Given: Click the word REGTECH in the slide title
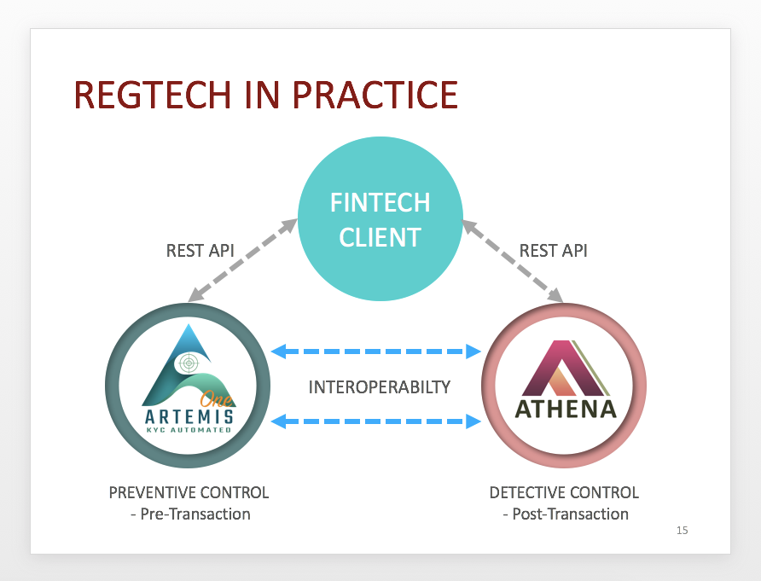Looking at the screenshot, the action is click(152, 95).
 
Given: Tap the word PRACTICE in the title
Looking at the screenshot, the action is click(375, 95).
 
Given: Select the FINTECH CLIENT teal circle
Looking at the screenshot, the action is click(380, 219).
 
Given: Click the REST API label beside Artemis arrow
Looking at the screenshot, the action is click(200, 251).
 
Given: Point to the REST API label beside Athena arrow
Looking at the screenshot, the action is click(554, 251).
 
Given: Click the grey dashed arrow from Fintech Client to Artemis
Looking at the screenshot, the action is click(242, 261).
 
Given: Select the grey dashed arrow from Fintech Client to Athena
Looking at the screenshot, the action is click(513, 261).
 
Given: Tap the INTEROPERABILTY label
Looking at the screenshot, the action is click(380, 386).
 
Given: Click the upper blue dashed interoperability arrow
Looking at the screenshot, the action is click(375, 351).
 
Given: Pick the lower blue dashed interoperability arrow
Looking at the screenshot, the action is click(375, 421).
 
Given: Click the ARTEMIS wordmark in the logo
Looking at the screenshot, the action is click(189, 416).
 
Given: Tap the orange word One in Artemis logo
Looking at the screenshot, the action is click(217, 398).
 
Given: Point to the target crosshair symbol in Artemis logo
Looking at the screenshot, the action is click(189, 363).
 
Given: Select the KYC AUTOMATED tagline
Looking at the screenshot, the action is click(189, 429).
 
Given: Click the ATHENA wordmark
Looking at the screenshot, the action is click(566, 409).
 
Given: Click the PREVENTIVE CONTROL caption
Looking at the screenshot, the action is click(189, 492).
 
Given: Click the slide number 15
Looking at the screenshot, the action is click(682, 531).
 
